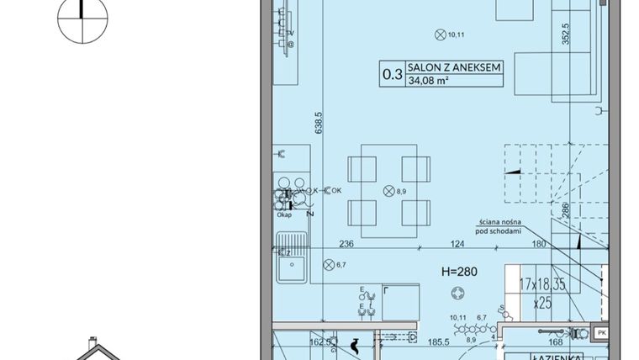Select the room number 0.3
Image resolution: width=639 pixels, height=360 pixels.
pos(392,74)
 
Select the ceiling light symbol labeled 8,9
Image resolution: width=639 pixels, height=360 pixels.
pos(388,191)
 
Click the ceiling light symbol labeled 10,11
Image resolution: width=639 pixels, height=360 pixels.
pos(439,34)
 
